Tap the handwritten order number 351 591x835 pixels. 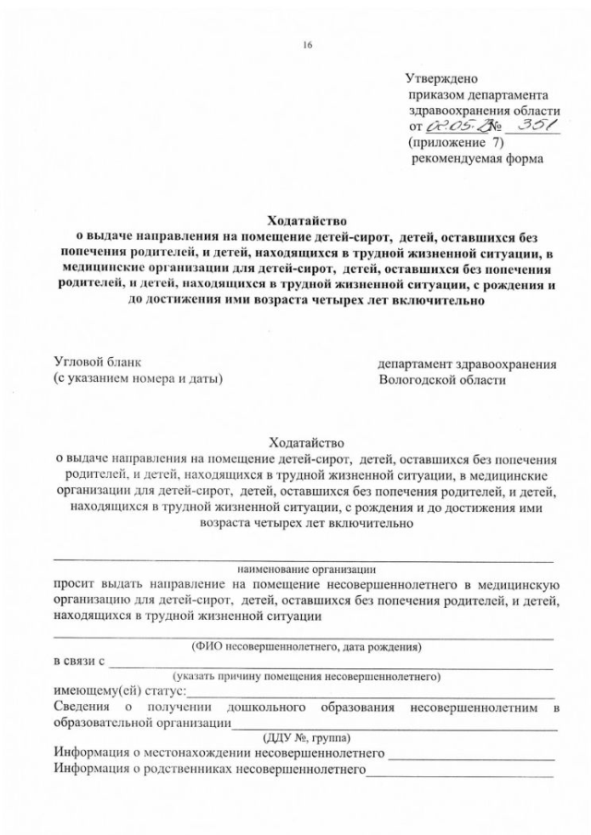tap(537, 126)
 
